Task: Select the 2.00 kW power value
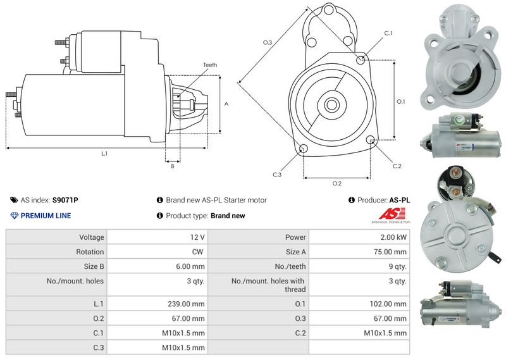point(393,237)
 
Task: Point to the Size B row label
point(93,266)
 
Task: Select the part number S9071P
point(65,200)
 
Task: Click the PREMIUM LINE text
point(46,216)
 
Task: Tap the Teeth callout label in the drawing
point(210,65)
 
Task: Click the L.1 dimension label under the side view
point(104,153)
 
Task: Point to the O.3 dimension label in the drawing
point(268,42)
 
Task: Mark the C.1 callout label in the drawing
point(388,33)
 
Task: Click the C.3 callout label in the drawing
point(277,174)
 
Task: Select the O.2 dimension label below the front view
point(336,183)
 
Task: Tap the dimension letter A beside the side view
point(226,103)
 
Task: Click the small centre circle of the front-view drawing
point(331,102)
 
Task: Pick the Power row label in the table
point(295,237)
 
